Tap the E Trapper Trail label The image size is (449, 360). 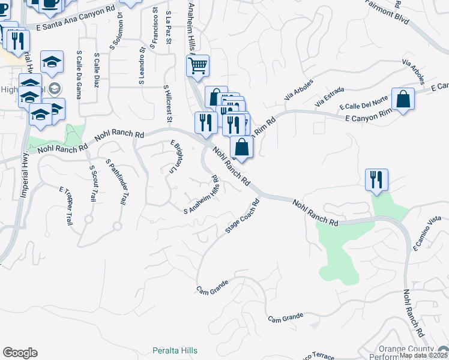click(65, 205)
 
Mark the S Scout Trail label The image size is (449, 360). click(92, 184)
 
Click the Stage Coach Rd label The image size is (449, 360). click(241, 216)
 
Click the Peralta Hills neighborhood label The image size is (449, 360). click(174, 350)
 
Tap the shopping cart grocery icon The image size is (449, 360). click(197, 65)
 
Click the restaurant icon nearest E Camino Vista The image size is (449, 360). click(376, 179)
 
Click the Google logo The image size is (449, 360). click(20, 353)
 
